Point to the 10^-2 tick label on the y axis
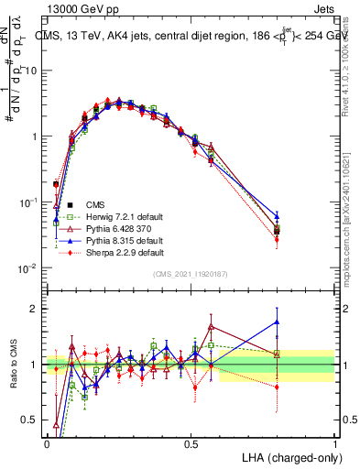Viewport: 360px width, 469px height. [x=27, y=267]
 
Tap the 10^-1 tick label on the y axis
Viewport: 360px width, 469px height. [x=27, y=202]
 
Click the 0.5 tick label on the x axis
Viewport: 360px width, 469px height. [x=191, y=442]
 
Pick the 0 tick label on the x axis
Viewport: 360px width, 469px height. [x=47, y=442]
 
